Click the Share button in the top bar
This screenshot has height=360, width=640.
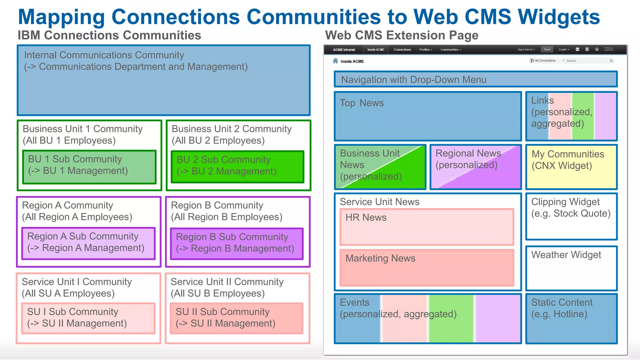point(547,49)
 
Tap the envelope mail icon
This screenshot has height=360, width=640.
point(577,49)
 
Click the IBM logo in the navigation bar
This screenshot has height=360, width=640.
point(609,49)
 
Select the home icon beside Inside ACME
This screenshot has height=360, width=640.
point(335,61)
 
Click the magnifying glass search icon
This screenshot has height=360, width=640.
point(611,61)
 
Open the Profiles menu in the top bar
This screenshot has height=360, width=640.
point(426,50)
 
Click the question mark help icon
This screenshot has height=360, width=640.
point(597,49)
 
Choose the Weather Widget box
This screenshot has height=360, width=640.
point(571,268)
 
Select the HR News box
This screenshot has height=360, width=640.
point(427,227)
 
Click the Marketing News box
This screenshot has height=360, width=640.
point(427,267)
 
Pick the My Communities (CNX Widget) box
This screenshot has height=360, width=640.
point(571,167)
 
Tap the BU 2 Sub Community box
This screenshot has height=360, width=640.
point(237,167)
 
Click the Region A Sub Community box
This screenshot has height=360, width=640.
point(88,243)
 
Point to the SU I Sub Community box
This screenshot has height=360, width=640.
point(88,318)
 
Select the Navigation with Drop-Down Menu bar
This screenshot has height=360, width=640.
point(476,79)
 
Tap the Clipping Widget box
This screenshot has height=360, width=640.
point(571,216)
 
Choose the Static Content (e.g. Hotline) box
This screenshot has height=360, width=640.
point(571,318)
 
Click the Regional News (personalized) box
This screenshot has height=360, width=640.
point(476,167)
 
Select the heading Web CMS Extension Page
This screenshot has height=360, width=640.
point(402,35)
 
